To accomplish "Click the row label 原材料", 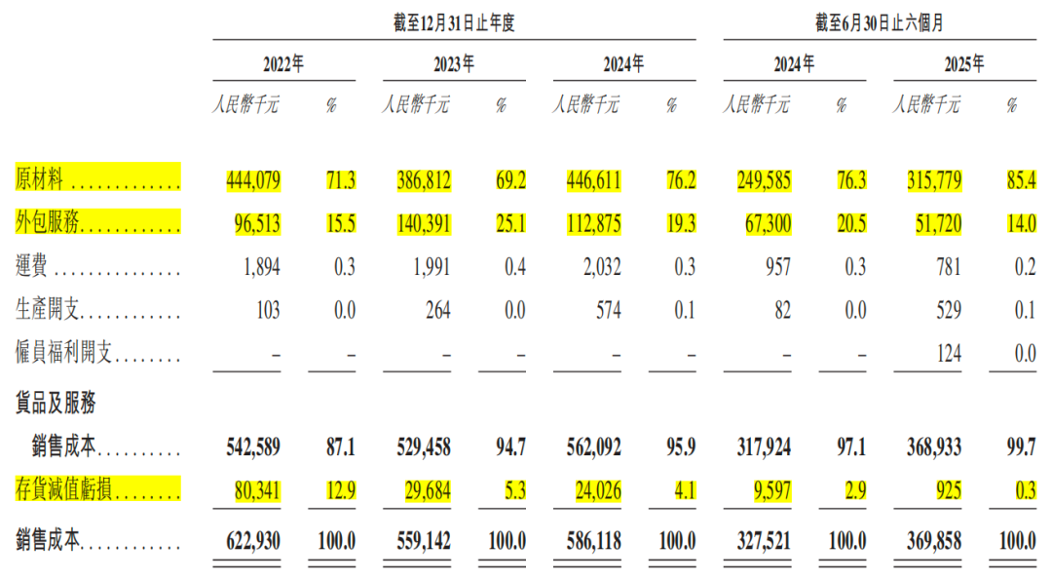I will [40, 179].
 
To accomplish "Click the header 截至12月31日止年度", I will [454, 24].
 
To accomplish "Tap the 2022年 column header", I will [283, 66].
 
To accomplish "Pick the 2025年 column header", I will [963, 66].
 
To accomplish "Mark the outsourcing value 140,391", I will [422, 224].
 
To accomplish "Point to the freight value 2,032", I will [597, 267].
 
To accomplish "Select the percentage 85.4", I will [1020, 180].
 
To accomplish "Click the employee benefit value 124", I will [947, 354].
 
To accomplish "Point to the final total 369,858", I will [934, 537].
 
